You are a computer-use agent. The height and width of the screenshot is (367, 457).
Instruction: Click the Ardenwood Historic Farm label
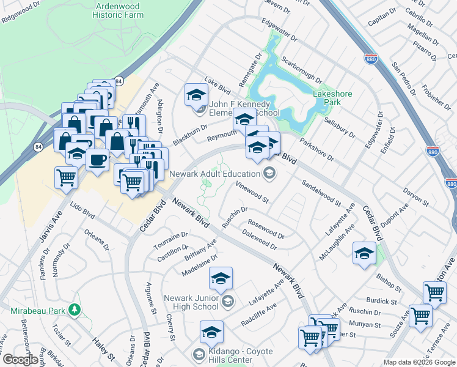(118, 10)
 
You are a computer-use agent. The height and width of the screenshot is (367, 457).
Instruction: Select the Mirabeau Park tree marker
(75, 310)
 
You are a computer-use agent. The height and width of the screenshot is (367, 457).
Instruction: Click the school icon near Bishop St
(364, 253)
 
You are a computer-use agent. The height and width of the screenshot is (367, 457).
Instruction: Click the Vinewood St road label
(253, 193)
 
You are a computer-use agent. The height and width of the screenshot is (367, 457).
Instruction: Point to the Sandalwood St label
(321, 191)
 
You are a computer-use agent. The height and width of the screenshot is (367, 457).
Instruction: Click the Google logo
(20, 360)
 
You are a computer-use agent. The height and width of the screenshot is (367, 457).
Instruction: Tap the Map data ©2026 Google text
(419, 362)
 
